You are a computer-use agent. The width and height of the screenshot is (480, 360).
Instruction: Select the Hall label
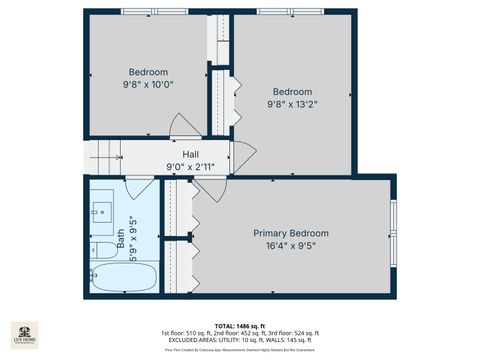coord(190,153)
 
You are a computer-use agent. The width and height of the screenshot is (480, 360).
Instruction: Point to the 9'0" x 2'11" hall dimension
coord(190,167)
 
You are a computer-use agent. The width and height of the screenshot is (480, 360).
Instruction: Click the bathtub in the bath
coord(123,277)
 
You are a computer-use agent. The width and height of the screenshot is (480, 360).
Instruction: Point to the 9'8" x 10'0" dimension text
coord(148,85)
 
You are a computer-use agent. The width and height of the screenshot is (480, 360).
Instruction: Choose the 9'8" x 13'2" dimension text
coord(292,103)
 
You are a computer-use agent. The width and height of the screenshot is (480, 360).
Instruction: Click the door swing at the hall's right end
coord(242,155)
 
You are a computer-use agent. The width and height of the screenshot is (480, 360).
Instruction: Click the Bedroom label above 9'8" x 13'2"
coord(292,90)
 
